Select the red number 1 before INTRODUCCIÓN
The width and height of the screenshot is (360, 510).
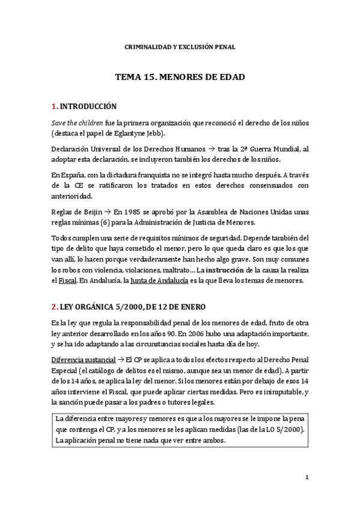pyautogui.click(x=53, y=106)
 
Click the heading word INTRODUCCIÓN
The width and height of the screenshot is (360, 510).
pyautogui.click(x=87, y=106)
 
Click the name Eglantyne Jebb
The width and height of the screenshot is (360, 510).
pyautogui.click(x=142, y=134)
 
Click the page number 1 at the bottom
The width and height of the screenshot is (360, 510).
pyautogui.click(x=306, y=478)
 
